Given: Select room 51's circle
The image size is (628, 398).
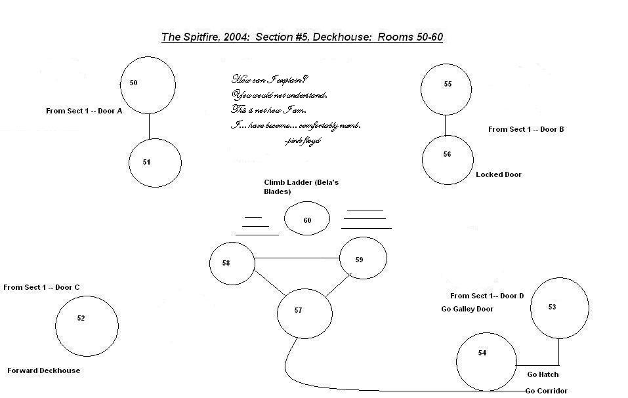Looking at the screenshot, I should (154, 163).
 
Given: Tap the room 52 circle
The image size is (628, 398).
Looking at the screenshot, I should (87, 325).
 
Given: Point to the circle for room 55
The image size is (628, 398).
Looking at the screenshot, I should (447, 89).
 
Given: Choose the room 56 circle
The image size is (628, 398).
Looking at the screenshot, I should (448, 159).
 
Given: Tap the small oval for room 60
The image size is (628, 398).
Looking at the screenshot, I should (306, 218).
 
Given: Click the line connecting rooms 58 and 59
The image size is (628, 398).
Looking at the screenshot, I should (297, 258).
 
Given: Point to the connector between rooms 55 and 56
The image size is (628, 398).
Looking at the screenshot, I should (446, 125).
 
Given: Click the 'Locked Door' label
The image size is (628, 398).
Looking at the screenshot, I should (499, 175).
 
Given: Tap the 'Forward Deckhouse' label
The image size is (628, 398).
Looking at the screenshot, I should (44, 370).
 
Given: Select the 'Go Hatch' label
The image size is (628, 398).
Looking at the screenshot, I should (543, 374).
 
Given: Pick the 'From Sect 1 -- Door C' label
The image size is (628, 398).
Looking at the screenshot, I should (41, 287).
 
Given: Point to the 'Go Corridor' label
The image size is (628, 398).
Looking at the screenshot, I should (546, 391).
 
